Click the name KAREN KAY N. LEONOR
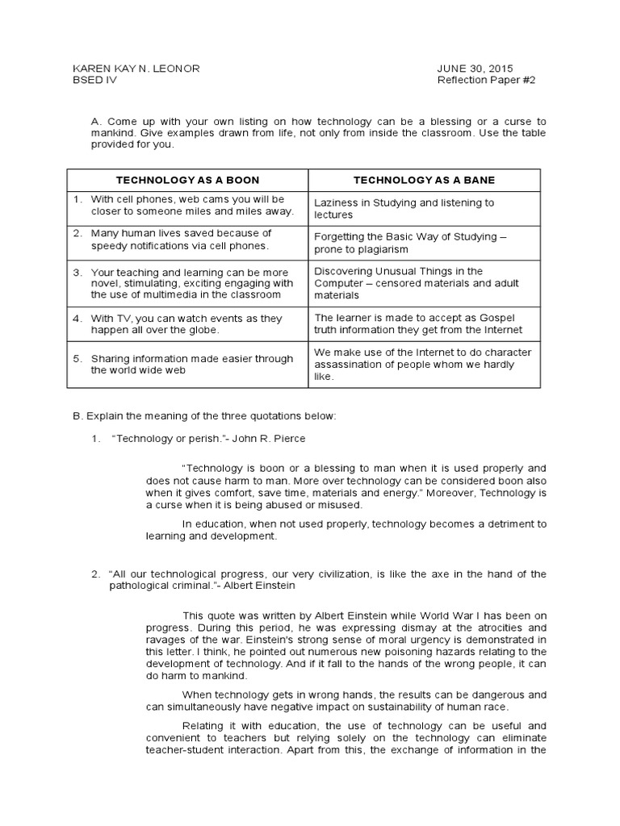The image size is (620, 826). (x=136, y=69)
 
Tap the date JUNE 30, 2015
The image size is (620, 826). (x=475, y=69)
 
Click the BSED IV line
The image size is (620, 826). (x=94, y=81)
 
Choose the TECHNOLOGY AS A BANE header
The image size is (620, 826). (x=424, y=180)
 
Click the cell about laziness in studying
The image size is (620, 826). (x=404, y=209)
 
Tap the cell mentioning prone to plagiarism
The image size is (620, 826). (x=410, y=244)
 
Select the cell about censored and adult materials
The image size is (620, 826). (x=416, y=283)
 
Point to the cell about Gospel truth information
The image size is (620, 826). (x=417, y=323)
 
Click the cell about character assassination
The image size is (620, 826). (x=422, y=364)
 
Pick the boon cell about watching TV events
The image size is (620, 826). (x=186, y=324)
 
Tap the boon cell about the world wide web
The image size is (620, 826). (x=191, y=365)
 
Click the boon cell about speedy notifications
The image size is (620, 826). (x=181, y=240)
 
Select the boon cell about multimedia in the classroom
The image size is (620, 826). (x=191, y=283)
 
